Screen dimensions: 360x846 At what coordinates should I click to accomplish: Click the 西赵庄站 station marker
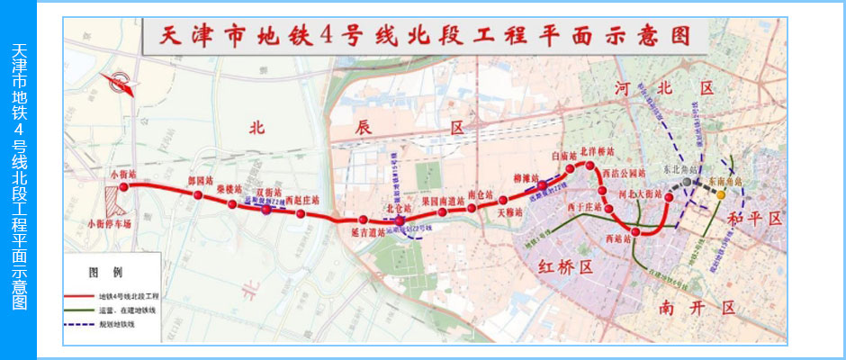(x=301, y=213)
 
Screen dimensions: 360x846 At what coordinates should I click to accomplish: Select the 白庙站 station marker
(x=571, y=168)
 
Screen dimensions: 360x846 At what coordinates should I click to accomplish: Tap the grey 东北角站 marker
(x=687, y=182)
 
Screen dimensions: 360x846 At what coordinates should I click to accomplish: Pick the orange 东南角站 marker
(x=721, y=194)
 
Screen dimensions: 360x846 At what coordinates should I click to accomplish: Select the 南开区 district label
(x=685, y=308)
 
